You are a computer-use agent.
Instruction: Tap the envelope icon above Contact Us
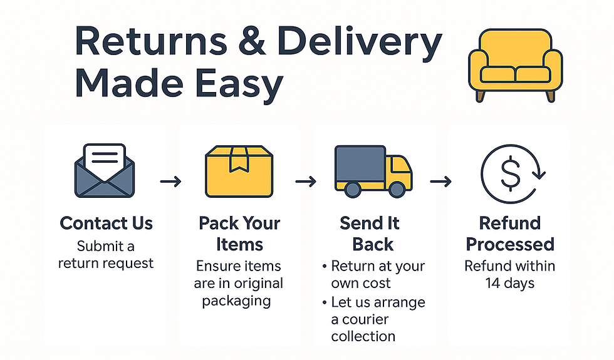click(105, 169)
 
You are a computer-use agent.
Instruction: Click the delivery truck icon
click(373, 168)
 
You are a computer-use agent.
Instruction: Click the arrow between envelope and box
click(170, 182)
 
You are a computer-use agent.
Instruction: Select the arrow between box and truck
click(306, 182)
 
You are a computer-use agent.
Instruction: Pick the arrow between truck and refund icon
click(440, 182)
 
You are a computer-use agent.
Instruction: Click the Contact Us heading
click(106, 223)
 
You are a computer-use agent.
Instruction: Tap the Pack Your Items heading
click(239, 233)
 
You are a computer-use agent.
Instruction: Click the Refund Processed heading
click(510, 233)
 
